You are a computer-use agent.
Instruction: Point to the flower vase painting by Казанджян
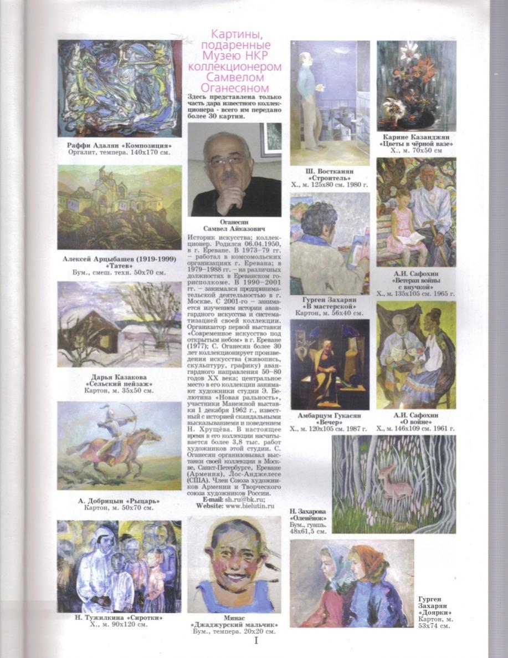pyautogui.click(x=417, y=85)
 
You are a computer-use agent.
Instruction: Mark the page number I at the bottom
pyautogui.click(x=255, y=641)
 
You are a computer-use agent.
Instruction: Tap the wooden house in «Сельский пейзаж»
pyautogui.click(x=94, y=331)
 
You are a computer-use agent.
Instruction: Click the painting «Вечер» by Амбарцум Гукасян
pyautogui.click(x=329, y=364)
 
